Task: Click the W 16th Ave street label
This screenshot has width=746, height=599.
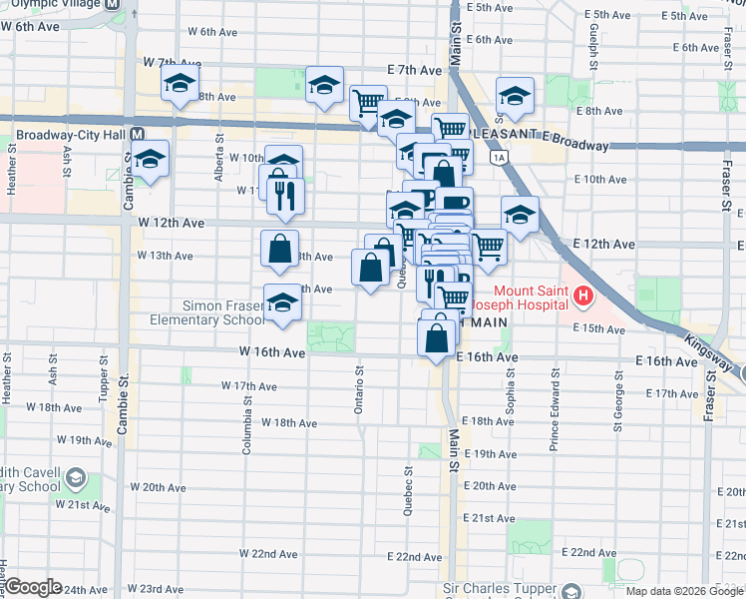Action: point(271,352)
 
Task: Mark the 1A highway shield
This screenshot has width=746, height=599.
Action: point(498,157)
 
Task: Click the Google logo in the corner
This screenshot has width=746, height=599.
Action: point(33,587)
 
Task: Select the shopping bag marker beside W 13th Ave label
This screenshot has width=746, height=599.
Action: point(280,248)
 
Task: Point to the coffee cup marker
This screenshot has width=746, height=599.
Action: point(455,204)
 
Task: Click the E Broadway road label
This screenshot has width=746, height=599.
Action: point(571,146)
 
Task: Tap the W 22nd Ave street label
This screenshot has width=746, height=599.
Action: point(268,553)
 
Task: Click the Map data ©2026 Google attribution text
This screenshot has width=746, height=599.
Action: point(684,590)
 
